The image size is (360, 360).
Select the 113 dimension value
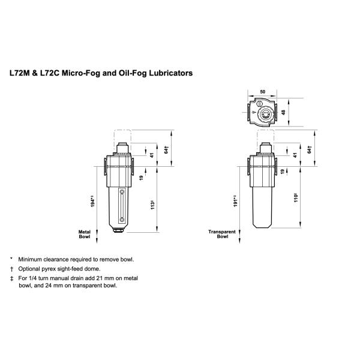click(x=152, y=204)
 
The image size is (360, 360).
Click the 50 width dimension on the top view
click(x=263, y=92)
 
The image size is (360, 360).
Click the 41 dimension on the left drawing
click(x=152, y=154)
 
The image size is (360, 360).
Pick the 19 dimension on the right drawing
click(x=283, y=172)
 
